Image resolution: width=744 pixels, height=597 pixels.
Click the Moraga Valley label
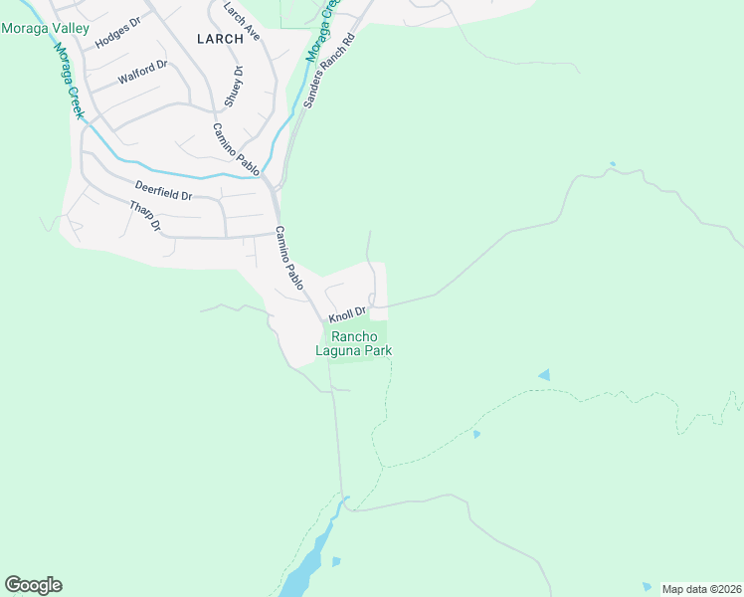45,29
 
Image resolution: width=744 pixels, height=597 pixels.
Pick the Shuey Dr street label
234,87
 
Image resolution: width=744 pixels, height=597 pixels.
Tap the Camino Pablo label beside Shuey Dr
236,150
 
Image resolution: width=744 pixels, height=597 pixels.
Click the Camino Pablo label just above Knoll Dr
289,258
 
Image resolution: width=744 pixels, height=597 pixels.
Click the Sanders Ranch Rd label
329,75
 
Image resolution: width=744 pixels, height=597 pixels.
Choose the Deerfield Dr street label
163,190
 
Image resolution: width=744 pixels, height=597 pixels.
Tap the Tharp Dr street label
145,216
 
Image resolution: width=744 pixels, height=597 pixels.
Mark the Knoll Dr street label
349,314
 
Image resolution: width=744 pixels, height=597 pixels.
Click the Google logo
34,585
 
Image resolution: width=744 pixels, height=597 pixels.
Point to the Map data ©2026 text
701,589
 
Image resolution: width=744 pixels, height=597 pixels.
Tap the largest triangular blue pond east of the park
544,375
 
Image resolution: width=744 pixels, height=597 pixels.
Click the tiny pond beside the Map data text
648,586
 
